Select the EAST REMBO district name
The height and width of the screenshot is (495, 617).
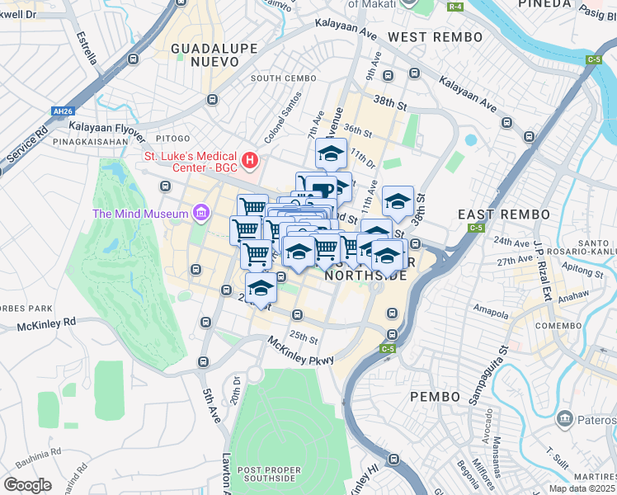503,214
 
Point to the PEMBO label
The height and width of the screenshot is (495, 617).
435,397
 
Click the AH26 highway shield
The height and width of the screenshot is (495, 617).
63,111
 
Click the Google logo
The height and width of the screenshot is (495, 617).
28,484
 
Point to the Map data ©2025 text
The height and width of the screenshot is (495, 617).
581,488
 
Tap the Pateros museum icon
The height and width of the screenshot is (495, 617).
565,418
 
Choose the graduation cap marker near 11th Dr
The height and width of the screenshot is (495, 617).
331,153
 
